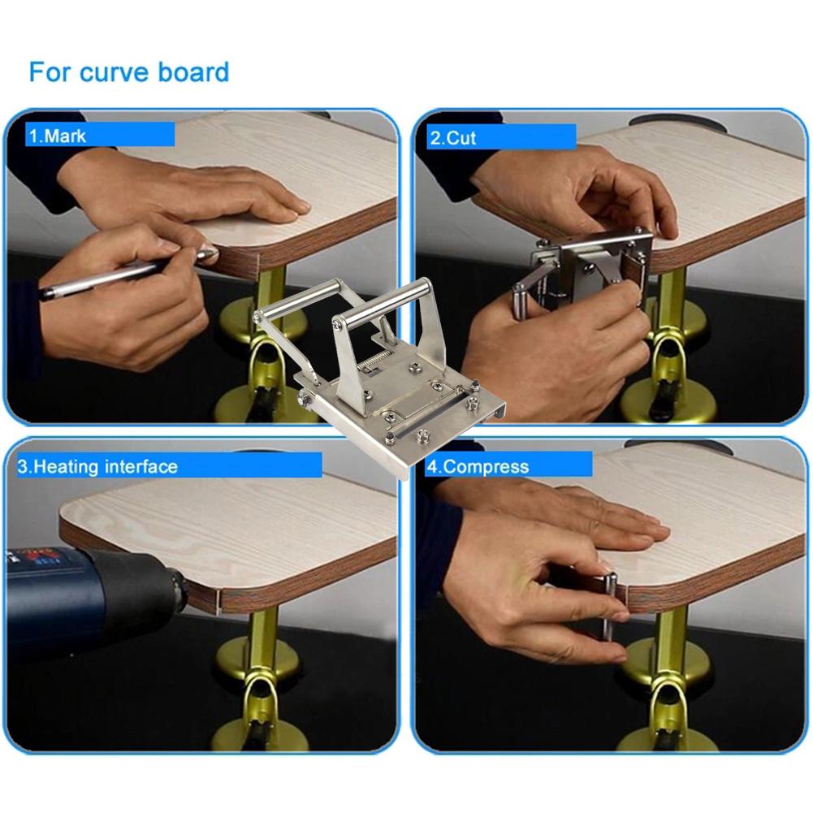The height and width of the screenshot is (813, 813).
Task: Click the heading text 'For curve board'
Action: pyautogui.click(x=128, y=71)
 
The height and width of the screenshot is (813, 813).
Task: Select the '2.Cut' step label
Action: pyautogui.click(x=452, y=137)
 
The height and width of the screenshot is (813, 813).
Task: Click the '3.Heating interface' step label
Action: pyautogui.click(x=97, y=466)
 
